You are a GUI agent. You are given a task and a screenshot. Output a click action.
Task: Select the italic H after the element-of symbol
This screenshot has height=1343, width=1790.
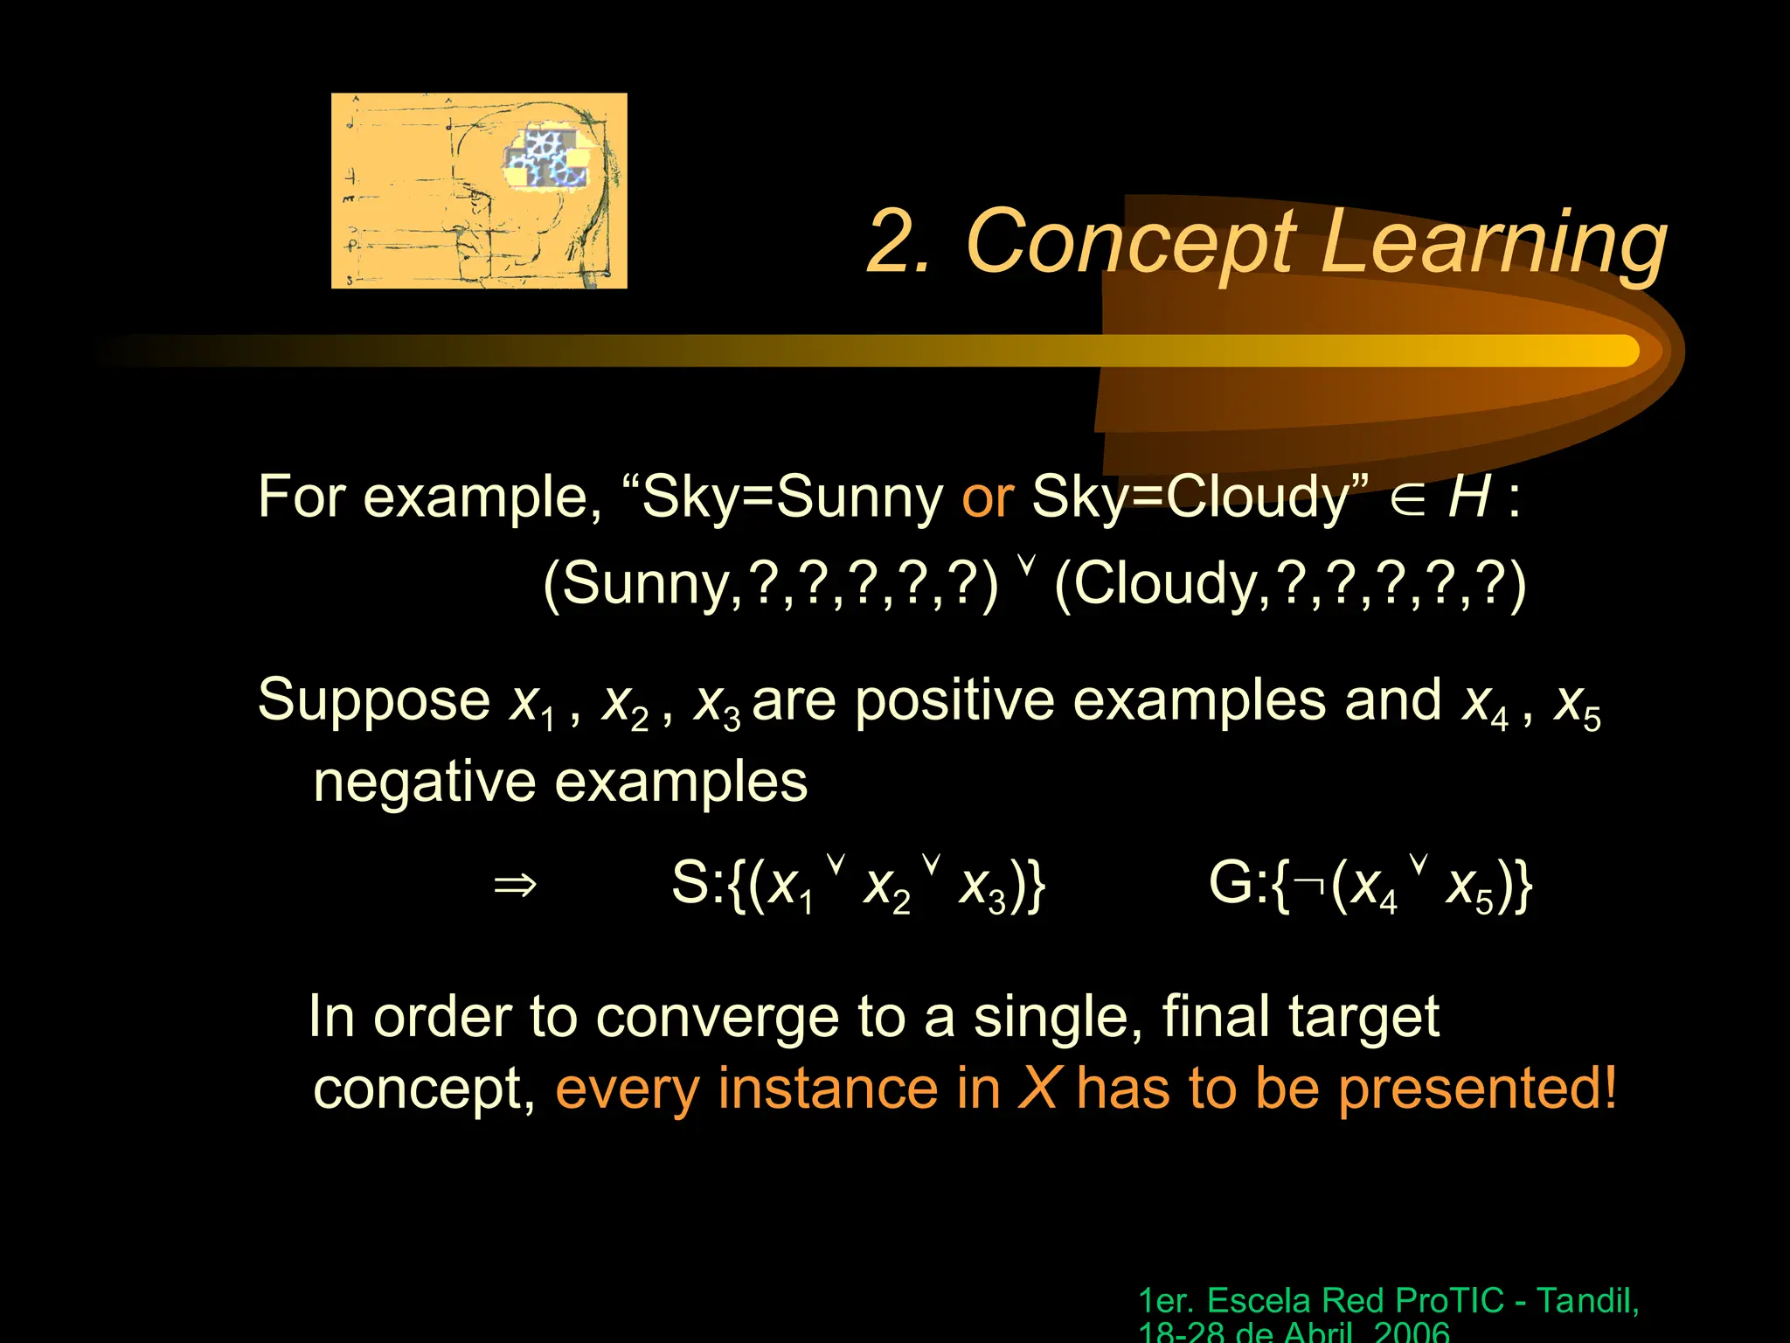[x=1468, y=497]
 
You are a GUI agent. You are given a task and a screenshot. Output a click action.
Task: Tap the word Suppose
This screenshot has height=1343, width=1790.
[x=374, y=702]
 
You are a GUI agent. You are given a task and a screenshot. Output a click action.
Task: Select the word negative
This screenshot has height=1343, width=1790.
[x=423, y=782]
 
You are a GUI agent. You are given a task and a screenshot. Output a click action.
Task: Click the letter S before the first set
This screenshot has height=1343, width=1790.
[x=690, y=883]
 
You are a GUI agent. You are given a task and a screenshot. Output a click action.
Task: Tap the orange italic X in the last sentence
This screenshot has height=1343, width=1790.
[x=1039, y=1089]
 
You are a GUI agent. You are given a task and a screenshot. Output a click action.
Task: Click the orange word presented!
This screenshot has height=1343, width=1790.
[x=1477, y=1090]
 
